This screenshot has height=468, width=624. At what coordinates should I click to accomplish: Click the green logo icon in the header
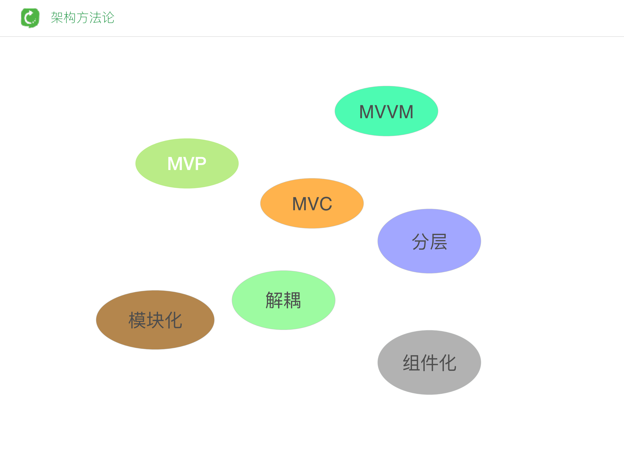[30, 18]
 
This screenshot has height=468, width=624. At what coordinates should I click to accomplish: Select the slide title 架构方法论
[82, 18]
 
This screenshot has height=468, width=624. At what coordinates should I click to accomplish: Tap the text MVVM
[386, 112]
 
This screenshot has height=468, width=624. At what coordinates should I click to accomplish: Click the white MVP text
[187, 164]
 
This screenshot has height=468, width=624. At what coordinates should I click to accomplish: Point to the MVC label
[312, 204]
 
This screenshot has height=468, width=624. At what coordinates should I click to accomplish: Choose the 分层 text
[429, 242]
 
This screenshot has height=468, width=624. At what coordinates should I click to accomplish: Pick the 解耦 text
[283, 300]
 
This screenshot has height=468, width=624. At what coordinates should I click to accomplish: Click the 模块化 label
[155, 320]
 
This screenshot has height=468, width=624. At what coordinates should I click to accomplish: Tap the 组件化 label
[429, 363]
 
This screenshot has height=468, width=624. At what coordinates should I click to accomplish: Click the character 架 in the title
[57, 18]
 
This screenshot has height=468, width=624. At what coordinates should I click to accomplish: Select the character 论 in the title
[108, 18]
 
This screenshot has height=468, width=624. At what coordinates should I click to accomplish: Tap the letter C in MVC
[326, 204]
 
